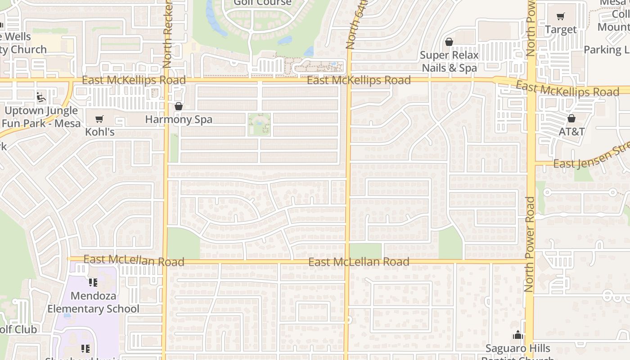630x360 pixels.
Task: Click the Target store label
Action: pyautogui.click(x=560, y=30)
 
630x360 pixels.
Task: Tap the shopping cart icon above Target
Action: pyautogui.click(x=560, y=17)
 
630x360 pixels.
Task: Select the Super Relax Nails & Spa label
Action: pyautogui.click(x=449, y=62)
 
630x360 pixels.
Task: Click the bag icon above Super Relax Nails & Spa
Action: pyautogui.click(x=449, y=42)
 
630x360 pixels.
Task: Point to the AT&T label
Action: pyautogui.click(x=571, y=131)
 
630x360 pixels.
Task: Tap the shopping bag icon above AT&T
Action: pyautogui.click(x=571, y=118)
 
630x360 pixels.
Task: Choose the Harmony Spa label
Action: pyautogui.click(x=179, y=120)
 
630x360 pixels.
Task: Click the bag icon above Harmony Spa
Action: pyautogui.click(x=179, y=107)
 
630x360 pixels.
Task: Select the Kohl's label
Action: pyautogui.click(x=100, y=132)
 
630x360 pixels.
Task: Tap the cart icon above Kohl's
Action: pyautogui.click(x=99, y=119)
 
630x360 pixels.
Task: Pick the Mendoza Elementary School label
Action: pyautogui.click(x=93, y=302)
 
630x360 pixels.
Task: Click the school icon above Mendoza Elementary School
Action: pyautogui.click(x=93, y=283)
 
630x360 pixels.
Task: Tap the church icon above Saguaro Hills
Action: pyautogui.click(x=517, y=335)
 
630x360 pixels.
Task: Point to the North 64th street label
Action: pyautogui.click(x=351, y=25)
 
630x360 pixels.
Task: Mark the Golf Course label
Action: pyautogui.click(x=262, y=3)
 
